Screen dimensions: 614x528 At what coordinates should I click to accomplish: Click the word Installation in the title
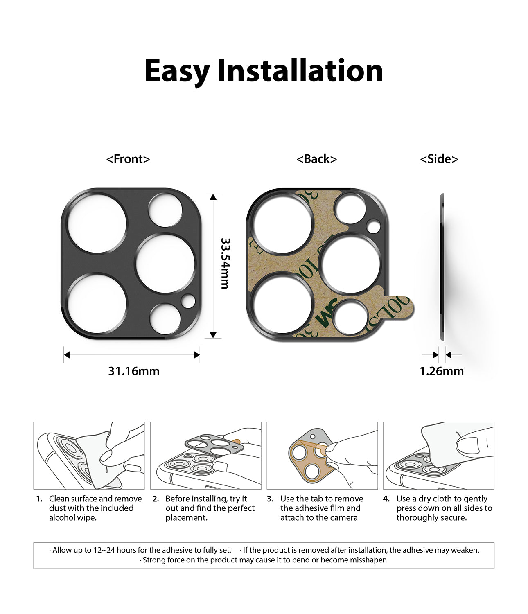[300, 71]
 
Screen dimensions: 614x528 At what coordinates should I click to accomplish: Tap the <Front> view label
[128, 159]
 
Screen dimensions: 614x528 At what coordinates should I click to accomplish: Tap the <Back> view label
[316, 159]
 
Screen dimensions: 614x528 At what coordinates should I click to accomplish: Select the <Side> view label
[439, 159]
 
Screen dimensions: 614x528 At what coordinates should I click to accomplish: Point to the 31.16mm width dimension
[133, 371]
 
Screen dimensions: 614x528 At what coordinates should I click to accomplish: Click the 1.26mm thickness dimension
[441, 371]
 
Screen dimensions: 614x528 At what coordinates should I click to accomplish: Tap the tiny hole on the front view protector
[188, 301]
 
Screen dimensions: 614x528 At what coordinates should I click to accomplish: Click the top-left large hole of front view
[97, 223]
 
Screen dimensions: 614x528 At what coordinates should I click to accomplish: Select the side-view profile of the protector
[442, 267]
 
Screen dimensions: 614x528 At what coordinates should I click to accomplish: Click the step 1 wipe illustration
[89, 456]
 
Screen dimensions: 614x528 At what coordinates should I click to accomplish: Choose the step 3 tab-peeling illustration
[322, 456]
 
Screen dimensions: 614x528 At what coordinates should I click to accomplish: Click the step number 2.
[156, 499]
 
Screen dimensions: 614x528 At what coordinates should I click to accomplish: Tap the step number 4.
[386, 499]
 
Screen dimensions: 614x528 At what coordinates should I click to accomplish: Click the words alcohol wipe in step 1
[72, 518]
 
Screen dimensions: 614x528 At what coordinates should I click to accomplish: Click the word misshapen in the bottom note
[369, 560]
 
